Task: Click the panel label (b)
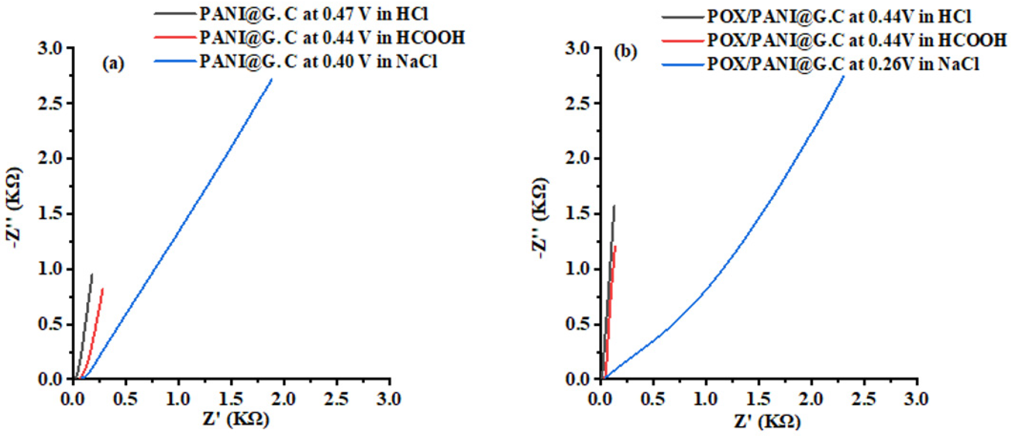coord(626,52)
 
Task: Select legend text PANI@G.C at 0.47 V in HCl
coord(314,14)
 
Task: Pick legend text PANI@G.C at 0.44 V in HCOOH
coord(332,38)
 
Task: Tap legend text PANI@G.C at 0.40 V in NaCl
coord(318,62)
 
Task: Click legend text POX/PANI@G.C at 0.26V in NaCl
coord(843,64)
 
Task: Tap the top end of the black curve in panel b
coord(614,206)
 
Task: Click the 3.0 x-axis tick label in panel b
coord(917,399)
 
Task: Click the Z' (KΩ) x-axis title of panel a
coord(236,420)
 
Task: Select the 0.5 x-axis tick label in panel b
coord(653,399)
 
